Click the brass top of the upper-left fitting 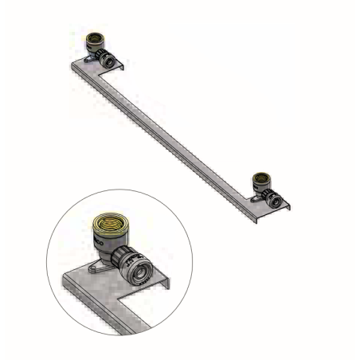(93, 37)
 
